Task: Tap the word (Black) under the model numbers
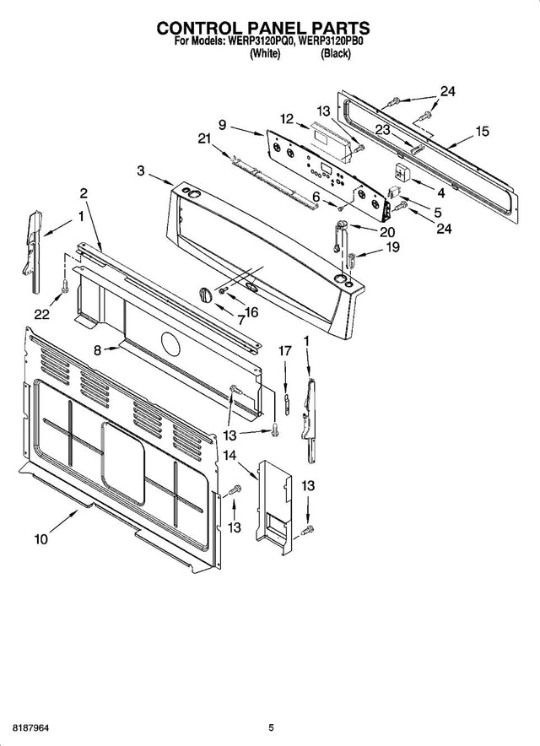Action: point(335,53)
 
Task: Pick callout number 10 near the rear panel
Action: point(40,537)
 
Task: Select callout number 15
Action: point(482,131)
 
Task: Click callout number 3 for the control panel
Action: point(140,170)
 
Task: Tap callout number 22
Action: point(40,314)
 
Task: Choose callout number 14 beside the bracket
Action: point(229,456)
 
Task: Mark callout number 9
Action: point(222,125)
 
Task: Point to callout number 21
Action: point(202,138)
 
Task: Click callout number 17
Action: point(285,350)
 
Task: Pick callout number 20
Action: point(386,231)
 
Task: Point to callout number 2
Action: point(84,193)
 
